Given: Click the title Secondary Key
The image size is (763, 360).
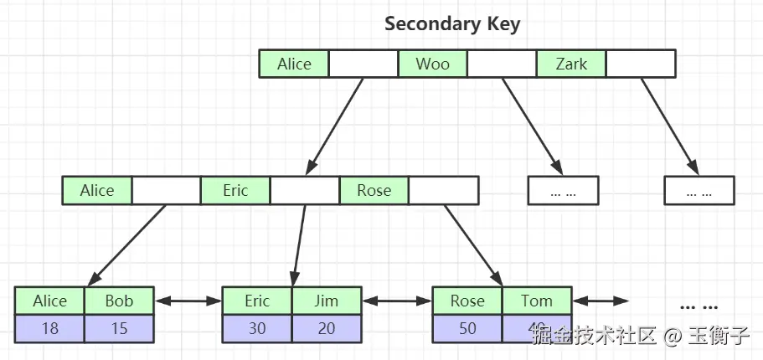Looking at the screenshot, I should click(x=452, y=23).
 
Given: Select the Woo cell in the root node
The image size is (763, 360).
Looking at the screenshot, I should click(x=432, y=64).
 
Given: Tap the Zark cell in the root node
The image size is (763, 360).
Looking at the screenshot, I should click(x=571, y=64).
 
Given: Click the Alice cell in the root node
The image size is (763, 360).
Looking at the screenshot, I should click(x=294, y=64).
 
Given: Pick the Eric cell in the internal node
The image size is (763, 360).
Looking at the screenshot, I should click(x=235, y=190).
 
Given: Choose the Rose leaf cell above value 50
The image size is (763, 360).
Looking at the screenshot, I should click(x=467, y=301).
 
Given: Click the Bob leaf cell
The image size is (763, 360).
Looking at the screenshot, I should click(x=120, y=301).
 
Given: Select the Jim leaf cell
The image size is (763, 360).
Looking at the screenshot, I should click(x=327, y=301).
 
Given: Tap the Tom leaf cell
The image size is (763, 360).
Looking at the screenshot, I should click(x=537, y=301).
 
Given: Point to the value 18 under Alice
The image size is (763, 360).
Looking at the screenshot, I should click(x=50, y=328).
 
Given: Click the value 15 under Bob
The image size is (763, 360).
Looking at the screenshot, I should click(x=120, y=328).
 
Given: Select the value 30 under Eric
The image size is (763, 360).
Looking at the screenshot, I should click(x=257, y=328).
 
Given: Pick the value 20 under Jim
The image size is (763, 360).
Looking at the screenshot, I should click(x=327, y=328).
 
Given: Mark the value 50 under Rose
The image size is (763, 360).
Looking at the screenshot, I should click(x=467, y=328).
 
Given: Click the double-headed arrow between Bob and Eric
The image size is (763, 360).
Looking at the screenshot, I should click(x=188, y=301).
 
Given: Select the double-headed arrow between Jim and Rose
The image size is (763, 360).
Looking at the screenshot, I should click(x=397, y=301).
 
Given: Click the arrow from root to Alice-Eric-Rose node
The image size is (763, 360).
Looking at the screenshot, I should click(x=335, y=126).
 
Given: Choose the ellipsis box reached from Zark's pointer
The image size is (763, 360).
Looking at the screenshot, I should click(x=699, y=190).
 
